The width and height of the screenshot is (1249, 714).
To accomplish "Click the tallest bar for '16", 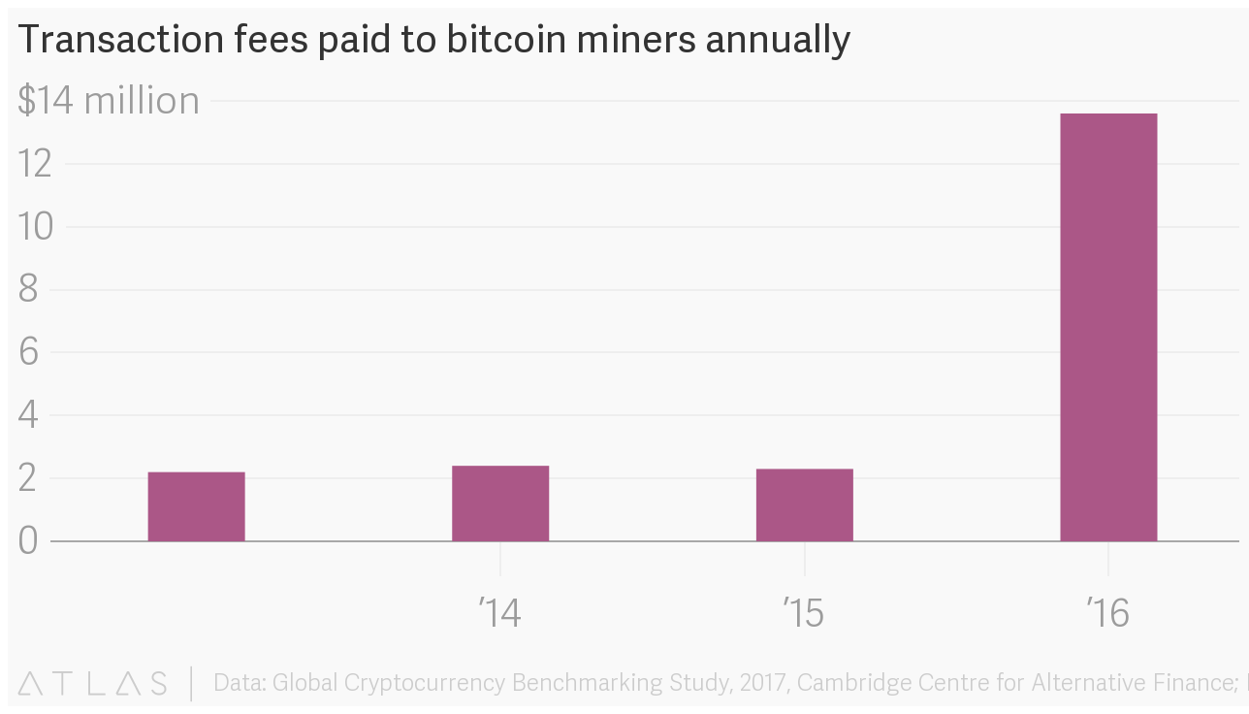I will point(1107,327).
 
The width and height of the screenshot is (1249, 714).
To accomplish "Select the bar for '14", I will point(499,503).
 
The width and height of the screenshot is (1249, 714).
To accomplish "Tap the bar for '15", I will point(804,504).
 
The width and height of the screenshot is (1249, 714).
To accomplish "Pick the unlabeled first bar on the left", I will point(196,506).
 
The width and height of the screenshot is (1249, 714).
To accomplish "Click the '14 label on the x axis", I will point(499,613).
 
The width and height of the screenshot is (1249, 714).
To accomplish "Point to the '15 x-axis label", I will point(804,613).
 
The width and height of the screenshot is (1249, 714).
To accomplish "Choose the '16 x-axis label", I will point(1107,613).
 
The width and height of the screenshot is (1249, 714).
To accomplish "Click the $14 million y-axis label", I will point(109,101).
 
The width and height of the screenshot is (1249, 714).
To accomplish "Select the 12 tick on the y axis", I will point(35,164).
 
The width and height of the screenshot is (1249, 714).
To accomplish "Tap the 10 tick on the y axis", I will point(35,227).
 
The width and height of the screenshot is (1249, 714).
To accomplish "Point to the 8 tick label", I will point(28,289).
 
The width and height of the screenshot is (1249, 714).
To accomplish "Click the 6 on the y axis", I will point(28,352).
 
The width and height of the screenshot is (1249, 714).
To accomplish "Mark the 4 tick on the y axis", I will point(28,415).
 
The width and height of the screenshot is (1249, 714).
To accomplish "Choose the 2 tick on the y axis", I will point(28,478).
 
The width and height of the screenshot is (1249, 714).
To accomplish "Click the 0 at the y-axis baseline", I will point(28,540).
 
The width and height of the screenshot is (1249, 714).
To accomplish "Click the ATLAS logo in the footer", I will point(92,683).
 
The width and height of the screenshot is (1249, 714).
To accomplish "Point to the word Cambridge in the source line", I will point(862,683).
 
